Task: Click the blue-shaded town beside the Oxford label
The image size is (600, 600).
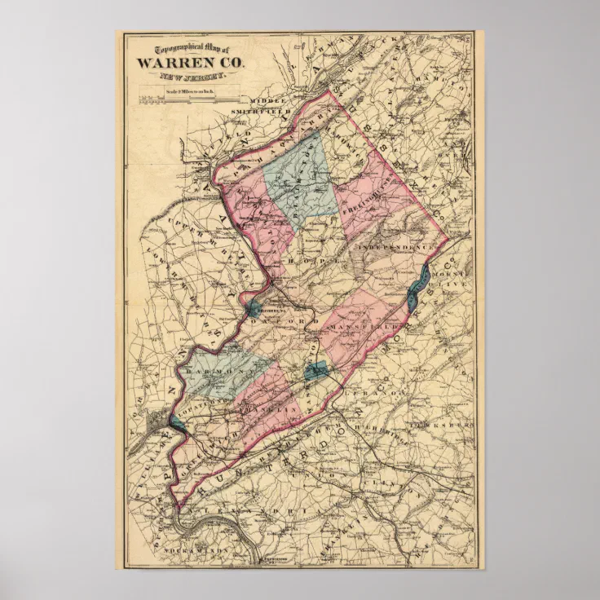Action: pyautogui.click(x=254, y=307)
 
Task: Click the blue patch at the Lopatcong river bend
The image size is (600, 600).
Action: pyautogui.click(x=177, y=421)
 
